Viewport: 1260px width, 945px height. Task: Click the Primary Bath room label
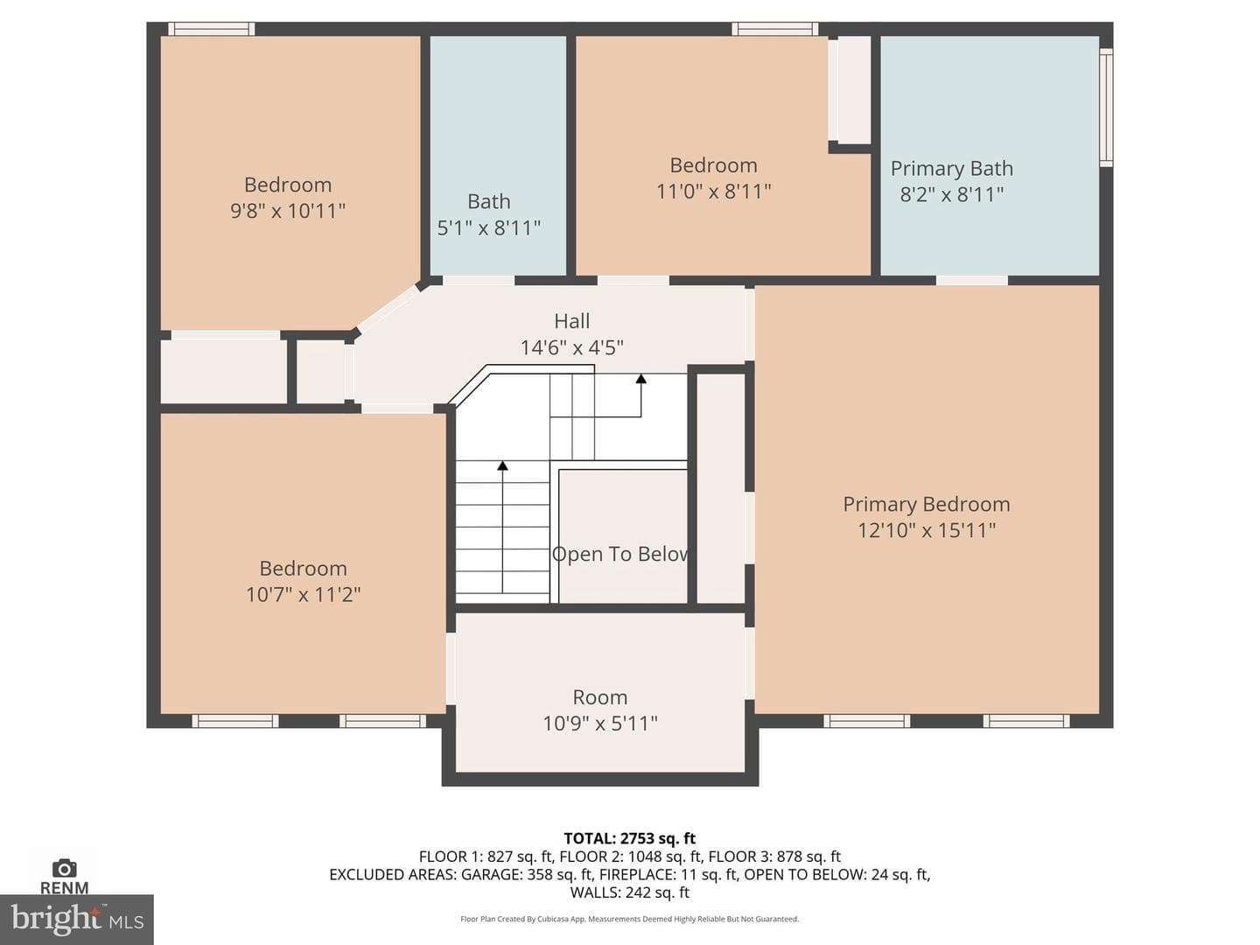951,168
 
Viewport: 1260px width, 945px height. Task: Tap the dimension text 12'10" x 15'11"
926,529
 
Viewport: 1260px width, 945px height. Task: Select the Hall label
571,321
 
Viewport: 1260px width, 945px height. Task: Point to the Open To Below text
620,554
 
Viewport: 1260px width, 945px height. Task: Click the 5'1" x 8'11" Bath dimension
488,227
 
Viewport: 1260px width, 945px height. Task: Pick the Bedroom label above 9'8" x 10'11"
288,185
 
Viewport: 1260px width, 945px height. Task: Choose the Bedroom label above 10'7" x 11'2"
303,568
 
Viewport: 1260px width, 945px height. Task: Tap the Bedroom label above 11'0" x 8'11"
713,165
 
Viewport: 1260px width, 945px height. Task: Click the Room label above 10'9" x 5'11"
600,697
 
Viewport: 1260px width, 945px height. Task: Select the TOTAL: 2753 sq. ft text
630,838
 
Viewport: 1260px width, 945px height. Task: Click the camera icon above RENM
64,868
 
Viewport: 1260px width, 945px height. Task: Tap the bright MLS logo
77,919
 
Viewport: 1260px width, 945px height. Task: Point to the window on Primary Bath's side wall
1106,108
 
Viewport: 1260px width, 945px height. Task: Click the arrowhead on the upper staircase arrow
641,379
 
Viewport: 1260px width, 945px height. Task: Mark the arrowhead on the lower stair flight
502,465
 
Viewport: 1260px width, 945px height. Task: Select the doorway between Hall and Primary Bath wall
972,281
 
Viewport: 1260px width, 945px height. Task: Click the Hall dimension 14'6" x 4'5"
571,347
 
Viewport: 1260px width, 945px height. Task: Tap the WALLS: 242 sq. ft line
630,892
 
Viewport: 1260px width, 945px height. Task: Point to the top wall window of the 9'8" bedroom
211,29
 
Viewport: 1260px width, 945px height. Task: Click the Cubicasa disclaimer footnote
630,919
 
